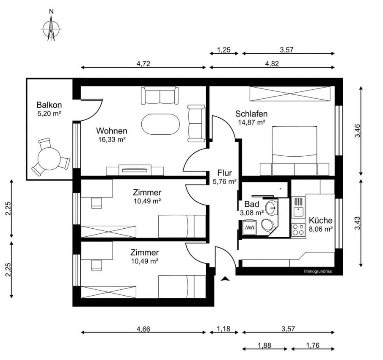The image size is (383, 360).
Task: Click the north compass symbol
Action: pyautogui.click(x=51, y=28)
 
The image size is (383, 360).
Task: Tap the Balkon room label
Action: pyautogui.click(x=49, y=105)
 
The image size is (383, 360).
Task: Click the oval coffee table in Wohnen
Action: pyautogui.click(x=160, y=124)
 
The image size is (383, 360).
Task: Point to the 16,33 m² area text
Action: pyautogui.click(x=112, y=139)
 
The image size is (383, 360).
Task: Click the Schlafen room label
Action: pyautogui.click(x=251, y=114)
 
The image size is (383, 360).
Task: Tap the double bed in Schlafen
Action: pyautogui.click(x=295, y=151)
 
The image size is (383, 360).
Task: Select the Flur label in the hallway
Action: pyautogui.click(x=224, y=173)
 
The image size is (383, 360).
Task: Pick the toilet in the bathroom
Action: pyautogui.click(x=268, y=225)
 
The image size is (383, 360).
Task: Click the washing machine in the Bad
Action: pyautogui.click(x=250, y=227)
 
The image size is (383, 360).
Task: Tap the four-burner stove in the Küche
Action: pyautogui.click(x=298, y=230)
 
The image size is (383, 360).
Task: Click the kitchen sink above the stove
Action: pyautogui.click(x=298, y=207)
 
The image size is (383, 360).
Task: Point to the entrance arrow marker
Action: pyautogui.click(x=225, y=279)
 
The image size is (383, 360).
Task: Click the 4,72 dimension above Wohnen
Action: pyautogui.click(x=143, y=64)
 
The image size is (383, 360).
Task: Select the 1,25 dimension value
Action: pyautogui.click(x=224, y=50)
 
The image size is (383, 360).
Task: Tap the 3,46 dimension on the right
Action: pyautogui.click(x=357, y=131)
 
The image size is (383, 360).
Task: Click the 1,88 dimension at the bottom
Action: pyautogui.click(x=264, y=345)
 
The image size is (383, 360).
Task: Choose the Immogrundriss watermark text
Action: pyautogui.click(x=318, y=271)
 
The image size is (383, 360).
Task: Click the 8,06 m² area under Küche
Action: pyautogui.click(x=321, y=229)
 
